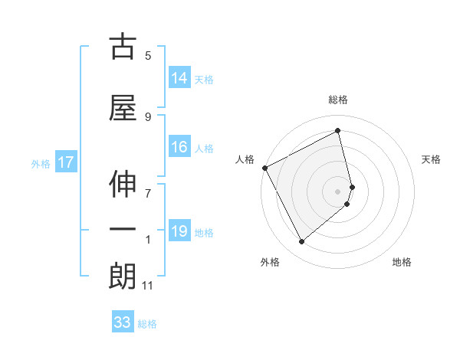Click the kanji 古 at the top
(123, 47)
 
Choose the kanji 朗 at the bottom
(123, 277)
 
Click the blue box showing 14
(179, 77)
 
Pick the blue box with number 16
(179, 147)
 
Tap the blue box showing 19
(179, 231)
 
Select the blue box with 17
(65, 162)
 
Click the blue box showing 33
(122, 322)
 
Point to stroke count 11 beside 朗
(148, 286)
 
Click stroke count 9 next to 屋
(148, 116)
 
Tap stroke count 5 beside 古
(148, 55)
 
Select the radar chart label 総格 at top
(338, 100)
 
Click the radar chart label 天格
(432, 159)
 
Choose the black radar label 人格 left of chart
(245, 159)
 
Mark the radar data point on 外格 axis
(301, 242)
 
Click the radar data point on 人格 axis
(264, 168)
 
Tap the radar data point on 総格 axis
(338, 130)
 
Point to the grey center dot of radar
(338, 191)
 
